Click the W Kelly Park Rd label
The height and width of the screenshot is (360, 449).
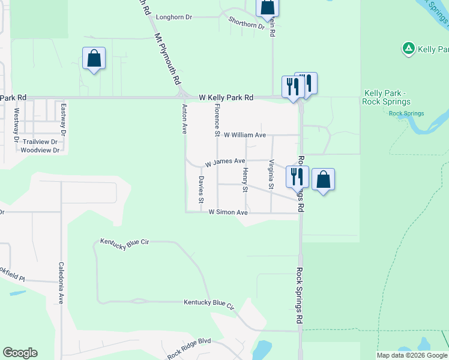[x=226, y=97]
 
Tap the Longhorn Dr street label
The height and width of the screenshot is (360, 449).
[x=174, y=17]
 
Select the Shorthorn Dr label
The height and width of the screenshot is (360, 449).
[x=246, y=23]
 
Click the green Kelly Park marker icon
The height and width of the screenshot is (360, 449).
[x=408, y=49]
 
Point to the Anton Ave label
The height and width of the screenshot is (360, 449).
[x=185, y=119]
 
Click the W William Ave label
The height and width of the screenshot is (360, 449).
[x=244, y=135]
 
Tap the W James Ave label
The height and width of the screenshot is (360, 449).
[x=225, y=162]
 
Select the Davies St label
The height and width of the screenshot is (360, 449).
[x=202, y=188]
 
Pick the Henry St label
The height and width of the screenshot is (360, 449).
[x=245, y=181]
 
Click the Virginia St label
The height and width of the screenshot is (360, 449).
[x=271, y=174]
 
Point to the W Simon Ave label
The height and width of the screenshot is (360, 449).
[x=228, y=212]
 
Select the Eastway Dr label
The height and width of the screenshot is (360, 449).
[x=63, y=118]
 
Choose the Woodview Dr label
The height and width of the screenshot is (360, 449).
[x=40, y=150]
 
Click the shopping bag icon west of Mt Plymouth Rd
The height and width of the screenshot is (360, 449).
[x=94, y=59]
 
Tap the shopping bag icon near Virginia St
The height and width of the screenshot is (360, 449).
[x=323, y=179]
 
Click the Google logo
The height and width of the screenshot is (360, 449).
[x=20, y=353]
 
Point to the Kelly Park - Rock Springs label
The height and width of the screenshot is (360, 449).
[x=385, y=97]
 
